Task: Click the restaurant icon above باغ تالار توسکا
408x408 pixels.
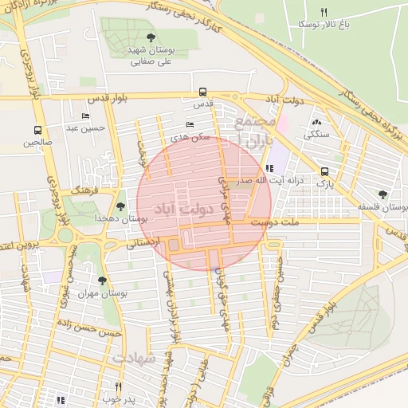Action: click(323, 12)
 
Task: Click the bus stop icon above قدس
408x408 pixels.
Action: click(202, 92)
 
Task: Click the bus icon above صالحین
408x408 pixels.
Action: click(37, 131)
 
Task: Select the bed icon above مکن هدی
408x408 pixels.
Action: click(190, 125)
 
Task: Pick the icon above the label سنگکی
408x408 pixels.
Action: click(317, 122)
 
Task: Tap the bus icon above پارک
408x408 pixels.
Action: click(324, 171)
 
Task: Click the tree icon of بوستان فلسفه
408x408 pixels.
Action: click(383, 194)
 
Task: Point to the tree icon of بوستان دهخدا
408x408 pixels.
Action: click(120, 206)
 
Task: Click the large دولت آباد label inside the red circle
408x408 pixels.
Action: click(178, 210)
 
